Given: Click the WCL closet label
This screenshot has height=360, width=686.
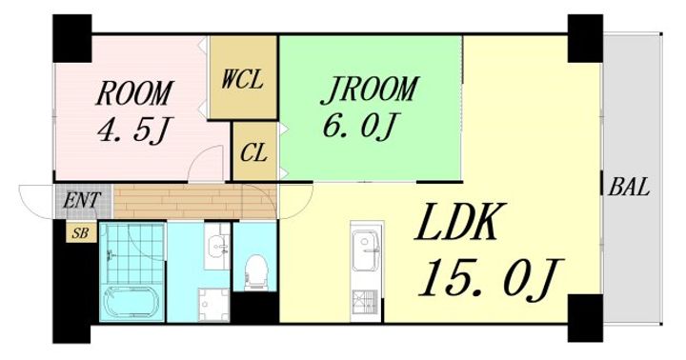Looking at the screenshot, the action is pyautogui.click(x=242, y=80).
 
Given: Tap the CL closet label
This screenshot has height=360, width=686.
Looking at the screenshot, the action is pyautogui.click(x=253, y=152).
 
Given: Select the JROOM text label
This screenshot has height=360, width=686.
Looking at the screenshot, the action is pyautogui.click(x=370, y=90).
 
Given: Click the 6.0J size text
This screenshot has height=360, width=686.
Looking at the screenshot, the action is pyautogui.click(x=360, y=126).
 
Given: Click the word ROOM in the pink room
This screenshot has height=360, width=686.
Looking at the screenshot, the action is pyautogui.click(x=134, y=92).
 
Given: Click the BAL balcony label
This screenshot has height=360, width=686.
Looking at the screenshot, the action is pyautogui.click(x=629, y=188).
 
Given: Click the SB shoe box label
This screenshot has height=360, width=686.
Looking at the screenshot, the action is pyautogui.click(x=80, y=233).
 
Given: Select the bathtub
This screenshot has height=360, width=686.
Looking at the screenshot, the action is pyautogui.click(x=131, y=303).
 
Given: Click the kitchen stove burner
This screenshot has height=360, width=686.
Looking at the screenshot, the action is pyautogui.click(x=366, y=301).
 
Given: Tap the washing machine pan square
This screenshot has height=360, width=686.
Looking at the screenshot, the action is pyautogui.click(x=213, y=304).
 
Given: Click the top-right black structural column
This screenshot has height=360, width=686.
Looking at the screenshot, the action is pyautogui.click(x=585, y=38).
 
